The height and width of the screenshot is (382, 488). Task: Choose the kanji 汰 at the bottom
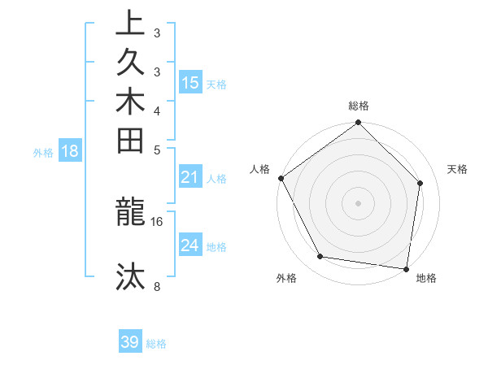coord(131,276)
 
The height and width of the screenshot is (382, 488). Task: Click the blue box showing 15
coord(190,82)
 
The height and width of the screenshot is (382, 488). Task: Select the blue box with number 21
coord(190,177)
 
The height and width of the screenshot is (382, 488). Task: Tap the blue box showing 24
coord(190,245)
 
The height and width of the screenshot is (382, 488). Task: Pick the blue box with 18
coord(70,150)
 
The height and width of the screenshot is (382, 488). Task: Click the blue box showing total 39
coord(130,342)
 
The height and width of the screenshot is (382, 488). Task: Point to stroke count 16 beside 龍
coord(157,221)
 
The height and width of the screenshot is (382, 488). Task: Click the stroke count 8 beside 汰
coord(157,286)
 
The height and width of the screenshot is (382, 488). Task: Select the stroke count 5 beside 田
coord(157,150)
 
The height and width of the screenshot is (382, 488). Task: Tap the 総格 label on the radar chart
coord(359,106)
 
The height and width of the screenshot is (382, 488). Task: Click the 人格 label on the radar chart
coord(260,169)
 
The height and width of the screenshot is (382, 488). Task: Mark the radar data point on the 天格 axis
coord(420,184)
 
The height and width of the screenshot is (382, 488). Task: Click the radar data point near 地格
coord(406,268)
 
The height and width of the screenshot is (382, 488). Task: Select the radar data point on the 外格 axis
coord(320,257)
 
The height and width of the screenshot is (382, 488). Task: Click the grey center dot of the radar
coord(359,202)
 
